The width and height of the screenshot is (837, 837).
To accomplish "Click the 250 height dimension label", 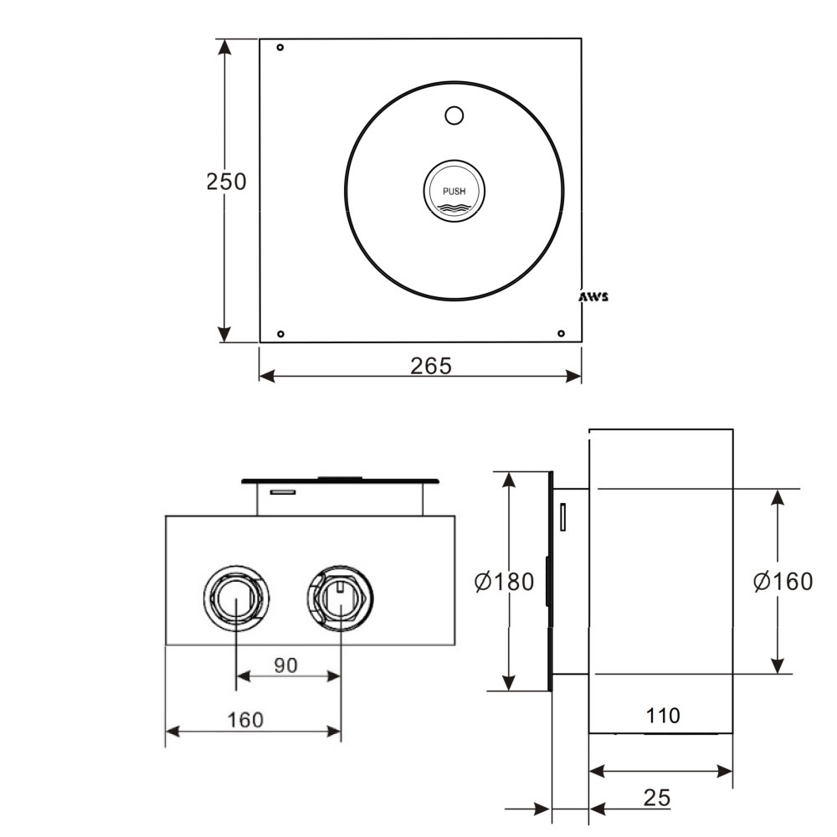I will [x=226, y=182].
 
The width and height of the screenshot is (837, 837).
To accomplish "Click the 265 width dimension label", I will [x=430, y=366].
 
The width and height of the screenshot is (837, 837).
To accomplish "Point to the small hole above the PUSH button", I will [x=454, y=116].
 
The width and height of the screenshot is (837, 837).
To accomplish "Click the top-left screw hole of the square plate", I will [x=280, y=48].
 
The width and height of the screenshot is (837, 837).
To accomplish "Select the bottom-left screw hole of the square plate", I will [x=280, y=334].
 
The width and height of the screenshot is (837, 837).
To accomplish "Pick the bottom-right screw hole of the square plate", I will [x=562, y=334].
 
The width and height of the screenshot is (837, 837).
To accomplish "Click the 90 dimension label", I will [x=286, y=665].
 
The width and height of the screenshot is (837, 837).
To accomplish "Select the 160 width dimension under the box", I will [x=245, y=720].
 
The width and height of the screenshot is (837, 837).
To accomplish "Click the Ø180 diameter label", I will [x=504, y=582].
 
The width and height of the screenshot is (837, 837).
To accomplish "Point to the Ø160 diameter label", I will [x=783, y=582].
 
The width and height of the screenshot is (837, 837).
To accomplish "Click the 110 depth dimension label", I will [x=663, y=716].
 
